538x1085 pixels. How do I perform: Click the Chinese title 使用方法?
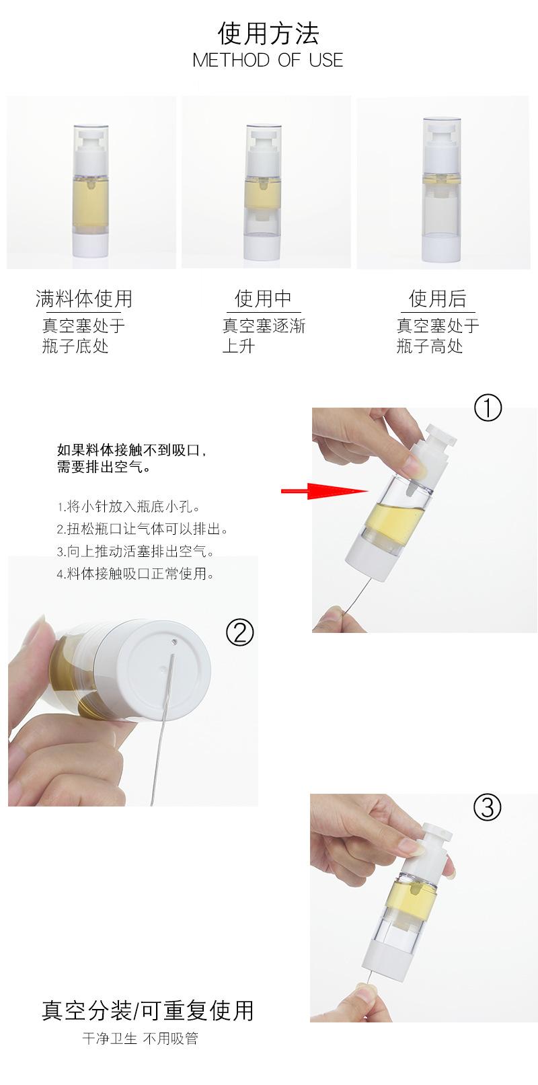268,32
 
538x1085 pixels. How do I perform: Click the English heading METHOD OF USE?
268,60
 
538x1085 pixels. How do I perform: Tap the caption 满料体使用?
84,298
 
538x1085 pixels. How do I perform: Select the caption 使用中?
263,298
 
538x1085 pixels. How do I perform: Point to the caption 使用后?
438,298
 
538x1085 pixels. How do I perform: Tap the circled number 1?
488,408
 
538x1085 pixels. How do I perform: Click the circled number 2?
240,632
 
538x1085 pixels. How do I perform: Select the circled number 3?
488,807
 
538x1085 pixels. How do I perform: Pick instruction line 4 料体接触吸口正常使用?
137,574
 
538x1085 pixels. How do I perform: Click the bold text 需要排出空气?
104,467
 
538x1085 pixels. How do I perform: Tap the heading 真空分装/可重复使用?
148,1010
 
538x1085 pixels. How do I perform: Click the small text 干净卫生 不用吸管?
141,1039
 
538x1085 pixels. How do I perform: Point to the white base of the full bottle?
90,244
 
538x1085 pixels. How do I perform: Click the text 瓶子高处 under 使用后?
430,346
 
